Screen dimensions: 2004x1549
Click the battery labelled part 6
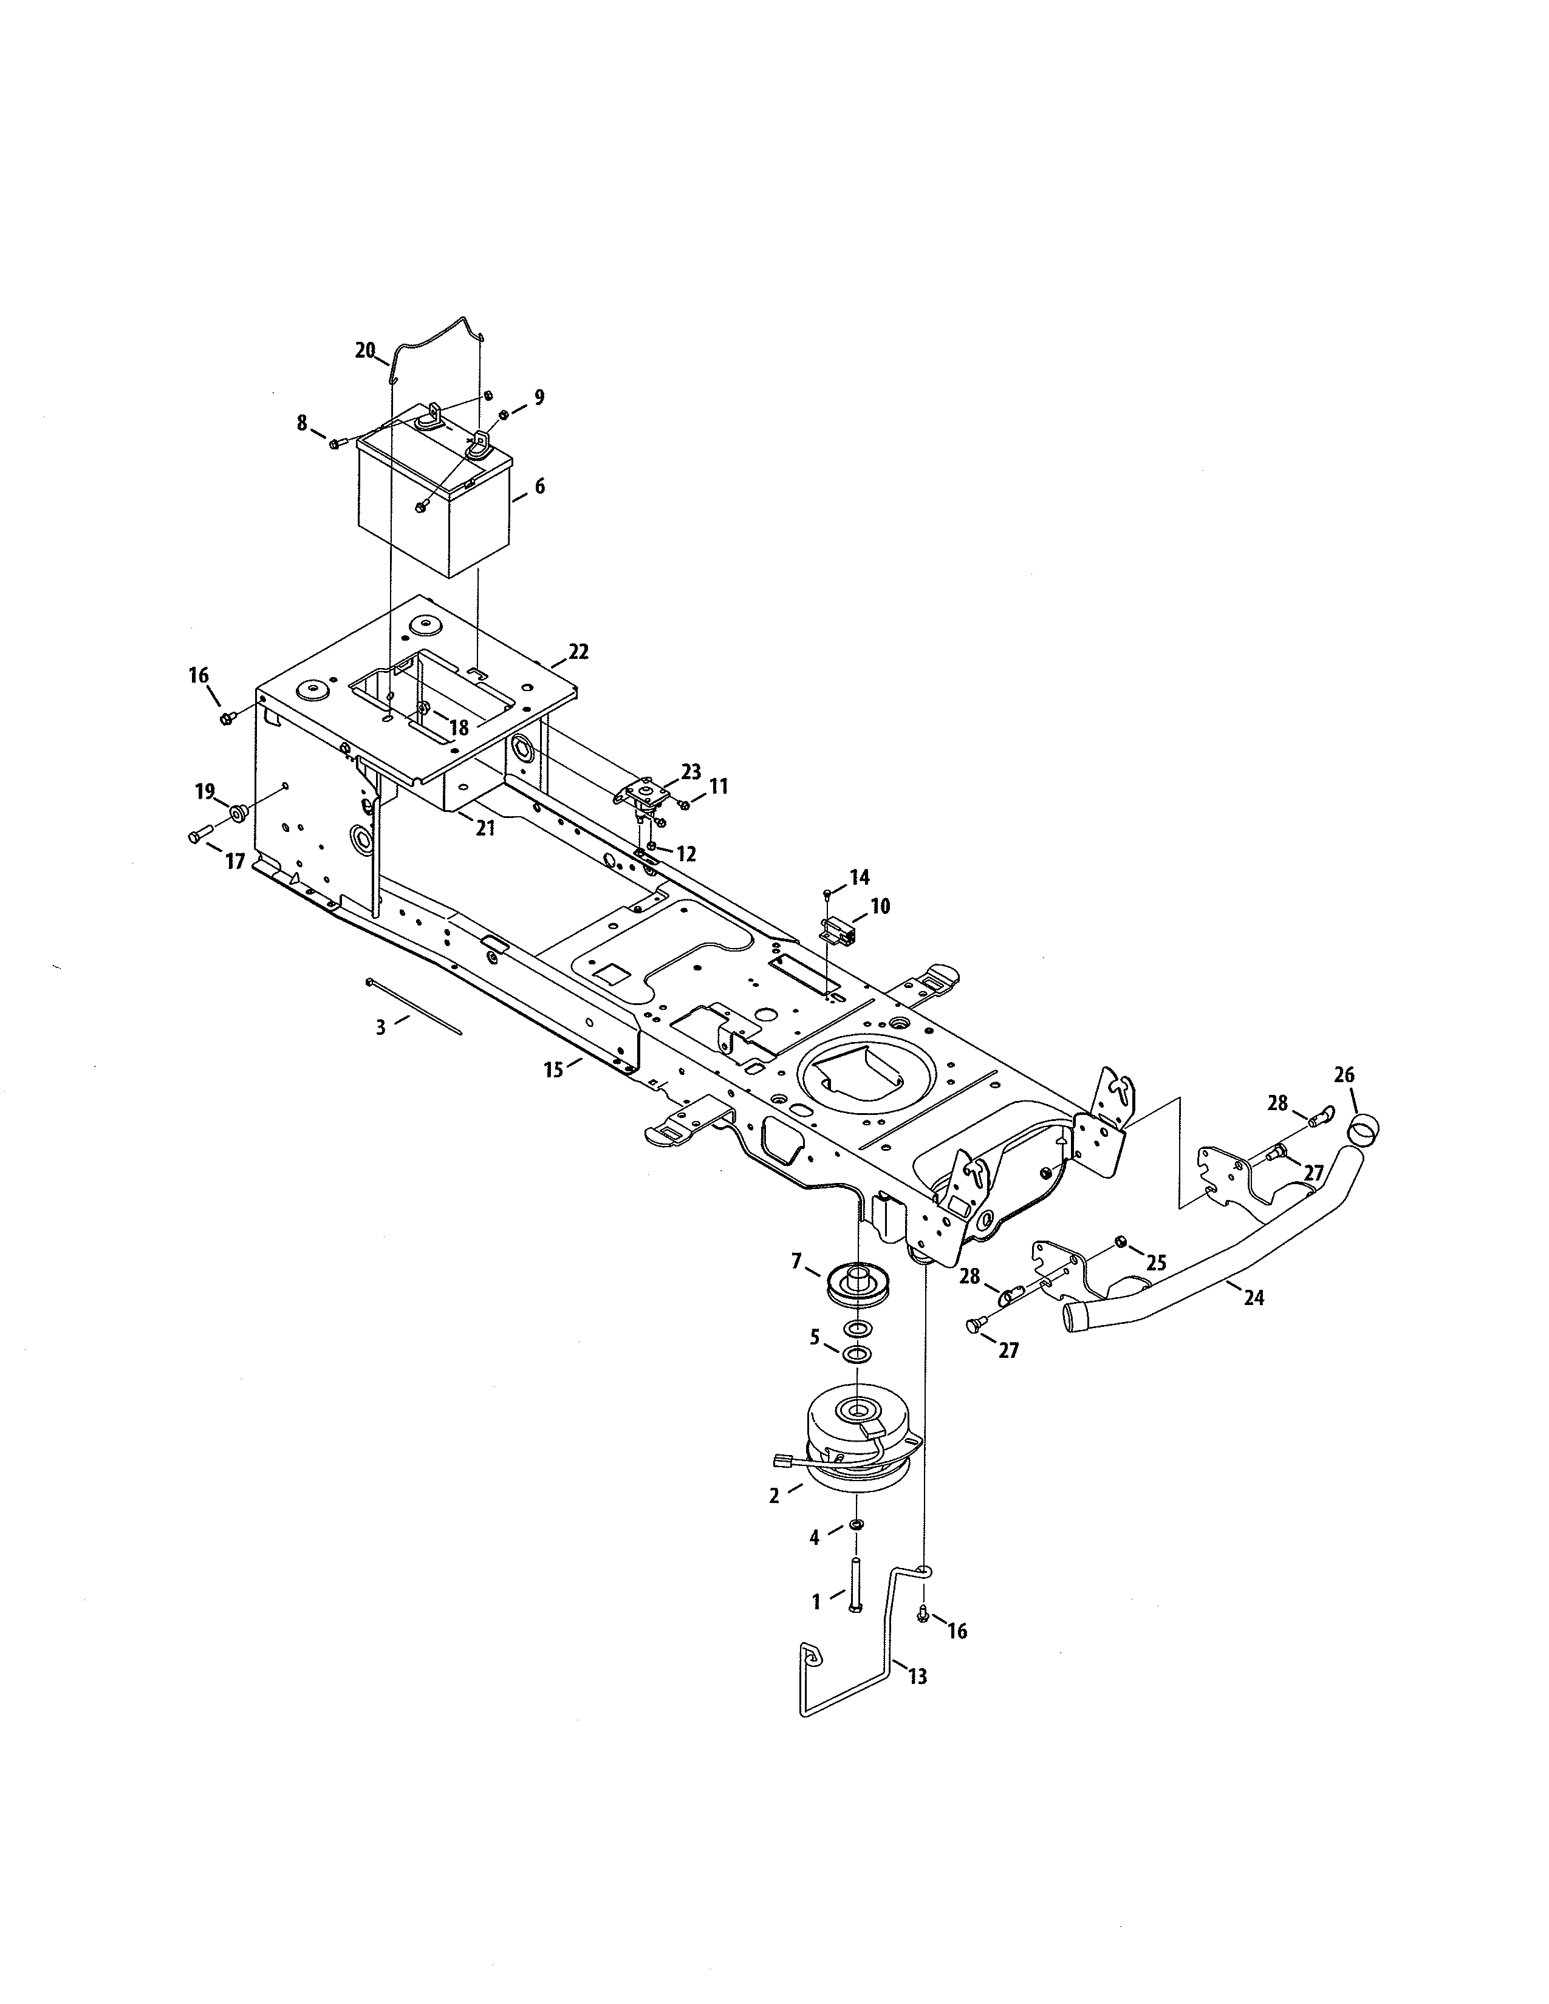431,514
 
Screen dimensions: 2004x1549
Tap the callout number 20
365,350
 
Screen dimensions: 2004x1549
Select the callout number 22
578,652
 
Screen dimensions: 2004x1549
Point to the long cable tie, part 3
415,1007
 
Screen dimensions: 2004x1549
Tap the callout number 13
918,1677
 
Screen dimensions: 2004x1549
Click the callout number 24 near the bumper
1254,1298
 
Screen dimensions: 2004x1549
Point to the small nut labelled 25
1121,1242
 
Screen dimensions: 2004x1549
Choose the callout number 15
553,1070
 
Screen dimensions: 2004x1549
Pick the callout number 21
485,828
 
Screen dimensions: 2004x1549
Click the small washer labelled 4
855,1524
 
